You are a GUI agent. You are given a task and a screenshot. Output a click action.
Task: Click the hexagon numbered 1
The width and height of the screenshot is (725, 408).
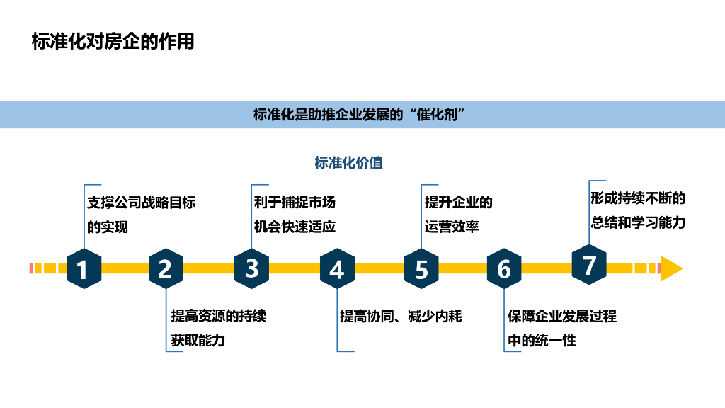pos(84,269)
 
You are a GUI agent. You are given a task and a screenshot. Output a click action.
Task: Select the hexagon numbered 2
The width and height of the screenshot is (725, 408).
pos(165,269)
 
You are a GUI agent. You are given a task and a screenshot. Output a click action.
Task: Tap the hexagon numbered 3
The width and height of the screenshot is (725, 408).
pos(252,268)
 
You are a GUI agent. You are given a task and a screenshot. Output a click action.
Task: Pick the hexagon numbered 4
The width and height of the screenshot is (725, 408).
pos(337,269)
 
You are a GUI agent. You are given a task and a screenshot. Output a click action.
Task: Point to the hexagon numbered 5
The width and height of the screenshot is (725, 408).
pos(421,269)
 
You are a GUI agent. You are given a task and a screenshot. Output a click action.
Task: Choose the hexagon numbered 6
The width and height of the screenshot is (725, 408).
pos(504,269)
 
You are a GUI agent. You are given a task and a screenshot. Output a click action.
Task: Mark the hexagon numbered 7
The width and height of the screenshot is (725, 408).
pos(589,266)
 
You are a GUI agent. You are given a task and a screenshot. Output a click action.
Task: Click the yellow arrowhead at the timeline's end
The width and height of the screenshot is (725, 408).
pos(670,268)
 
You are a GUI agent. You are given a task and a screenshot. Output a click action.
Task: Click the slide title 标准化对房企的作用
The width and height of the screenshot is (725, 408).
pos(113,42)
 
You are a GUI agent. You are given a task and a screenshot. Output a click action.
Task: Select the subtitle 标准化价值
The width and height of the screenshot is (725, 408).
pos(348,163)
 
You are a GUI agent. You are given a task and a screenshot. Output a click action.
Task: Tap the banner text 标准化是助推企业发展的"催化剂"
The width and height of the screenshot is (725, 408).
pos(362,115)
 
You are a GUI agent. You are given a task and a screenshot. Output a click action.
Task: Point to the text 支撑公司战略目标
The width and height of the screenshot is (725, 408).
pos(141,203)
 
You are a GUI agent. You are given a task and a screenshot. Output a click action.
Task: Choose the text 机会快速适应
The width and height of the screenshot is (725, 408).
pos(295,227)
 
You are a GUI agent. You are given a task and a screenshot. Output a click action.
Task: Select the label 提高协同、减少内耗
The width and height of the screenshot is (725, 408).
pos(401,316)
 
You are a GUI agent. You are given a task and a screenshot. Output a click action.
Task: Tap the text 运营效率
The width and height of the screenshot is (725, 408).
pos(452,227)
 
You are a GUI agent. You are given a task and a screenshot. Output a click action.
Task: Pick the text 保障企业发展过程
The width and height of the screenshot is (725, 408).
pos(562,316)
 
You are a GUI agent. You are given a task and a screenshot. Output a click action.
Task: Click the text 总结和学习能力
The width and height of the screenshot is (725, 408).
pos(638,222)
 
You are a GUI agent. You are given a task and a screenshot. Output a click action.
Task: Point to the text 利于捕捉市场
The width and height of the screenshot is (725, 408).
pos(295,203)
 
